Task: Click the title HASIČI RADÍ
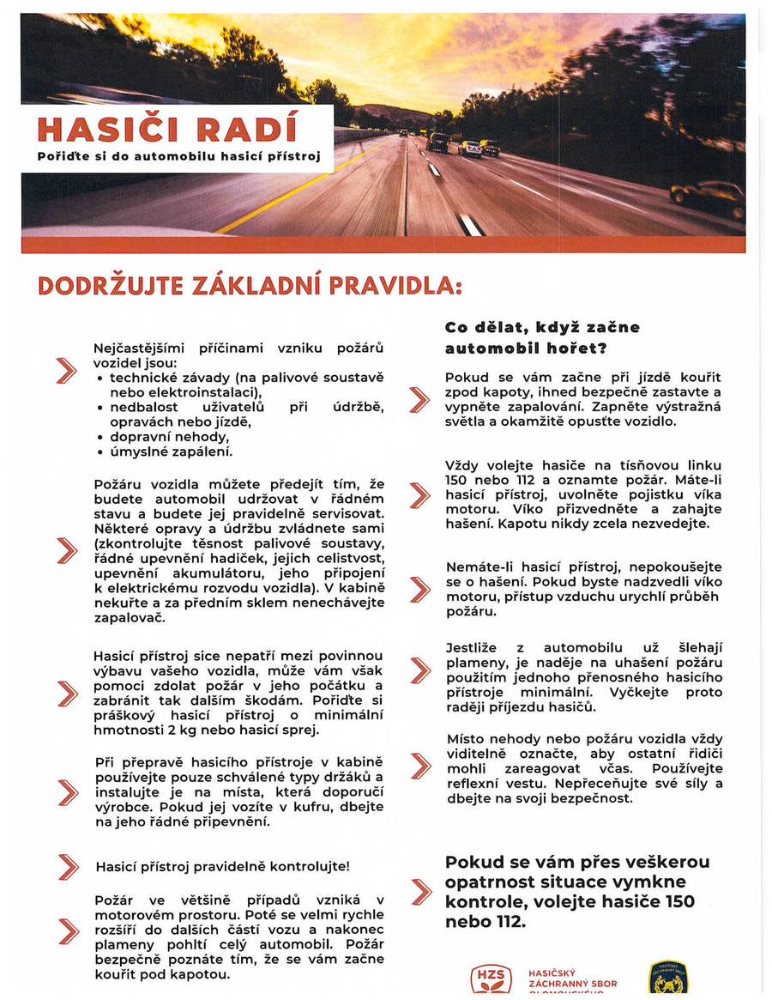pyautogui.click(x=167, y=129)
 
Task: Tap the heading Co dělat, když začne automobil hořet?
pyautogui.click(x=542, y=337)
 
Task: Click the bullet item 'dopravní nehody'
pyautogui.click(x=164, y=436)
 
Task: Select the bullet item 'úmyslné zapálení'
pyautogui.click(x=171, y=451)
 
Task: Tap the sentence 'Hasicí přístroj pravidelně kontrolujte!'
pyautogui.click(x=222, y=867)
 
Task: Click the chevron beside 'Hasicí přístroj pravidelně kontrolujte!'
pyautogui.click(x=67, y=867)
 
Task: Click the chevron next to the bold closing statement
pyautogui.click(x=420, y=892)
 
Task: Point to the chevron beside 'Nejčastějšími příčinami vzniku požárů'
pyautogui.click(x=66, y=370)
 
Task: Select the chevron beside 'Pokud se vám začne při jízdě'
pyautogui.click(x=419, y=399)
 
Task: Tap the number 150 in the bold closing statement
pyautogui.click(x=679, y=901)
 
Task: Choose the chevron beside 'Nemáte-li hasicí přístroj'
pyautogui.click(x=419, y=589)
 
